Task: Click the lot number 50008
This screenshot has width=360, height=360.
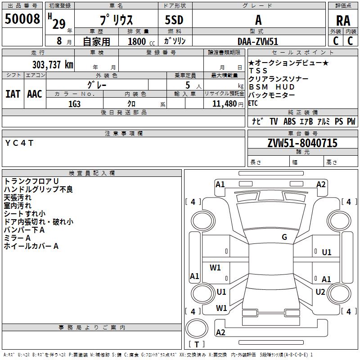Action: point(22,19)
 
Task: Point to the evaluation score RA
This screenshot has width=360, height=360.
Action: point(343,20)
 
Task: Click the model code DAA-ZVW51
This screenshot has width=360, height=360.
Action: point(258,41)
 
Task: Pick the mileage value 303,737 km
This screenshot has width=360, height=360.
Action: point(53,64)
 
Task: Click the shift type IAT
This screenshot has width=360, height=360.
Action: point(13,94)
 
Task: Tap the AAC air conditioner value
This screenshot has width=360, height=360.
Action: point(35,94)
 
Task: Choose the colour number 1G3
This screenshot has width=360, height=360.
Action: point(74,103)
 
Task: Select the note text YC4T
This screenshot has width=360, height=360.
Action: point(19,143)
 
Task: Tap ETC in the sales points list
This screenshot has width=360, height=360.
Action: point(253,103)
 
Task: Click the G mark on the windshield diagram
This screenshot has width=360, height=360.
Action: point(284,237)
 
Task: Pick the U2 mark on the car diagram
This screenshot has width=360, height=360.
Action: point(320,292)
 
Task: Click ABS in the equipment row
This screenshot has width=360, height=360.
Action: point(289,121)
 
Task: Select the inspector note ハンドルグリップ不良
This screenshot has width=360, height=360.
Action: point(38,189)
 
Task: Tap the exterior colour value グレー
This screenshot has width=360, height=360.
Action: point(97,85)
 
